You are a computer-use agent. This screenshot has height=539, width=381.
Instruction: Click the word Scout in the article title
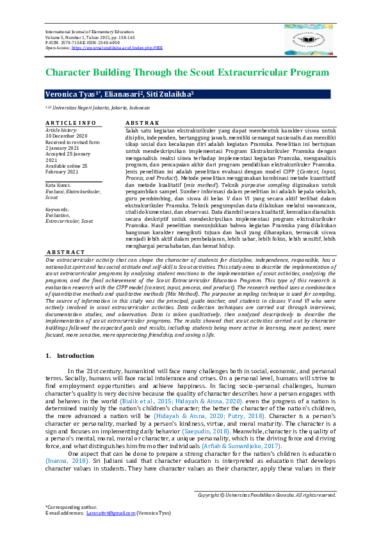[215, 73]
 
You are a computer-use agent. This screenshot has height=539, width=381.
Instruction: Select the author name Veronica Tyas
[69, 95]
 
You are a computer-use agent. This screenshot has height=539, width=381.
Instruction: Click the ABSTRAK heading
[142, 122]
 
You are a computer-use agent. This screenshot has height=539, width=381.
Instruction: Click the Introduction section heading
[75, 355]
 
